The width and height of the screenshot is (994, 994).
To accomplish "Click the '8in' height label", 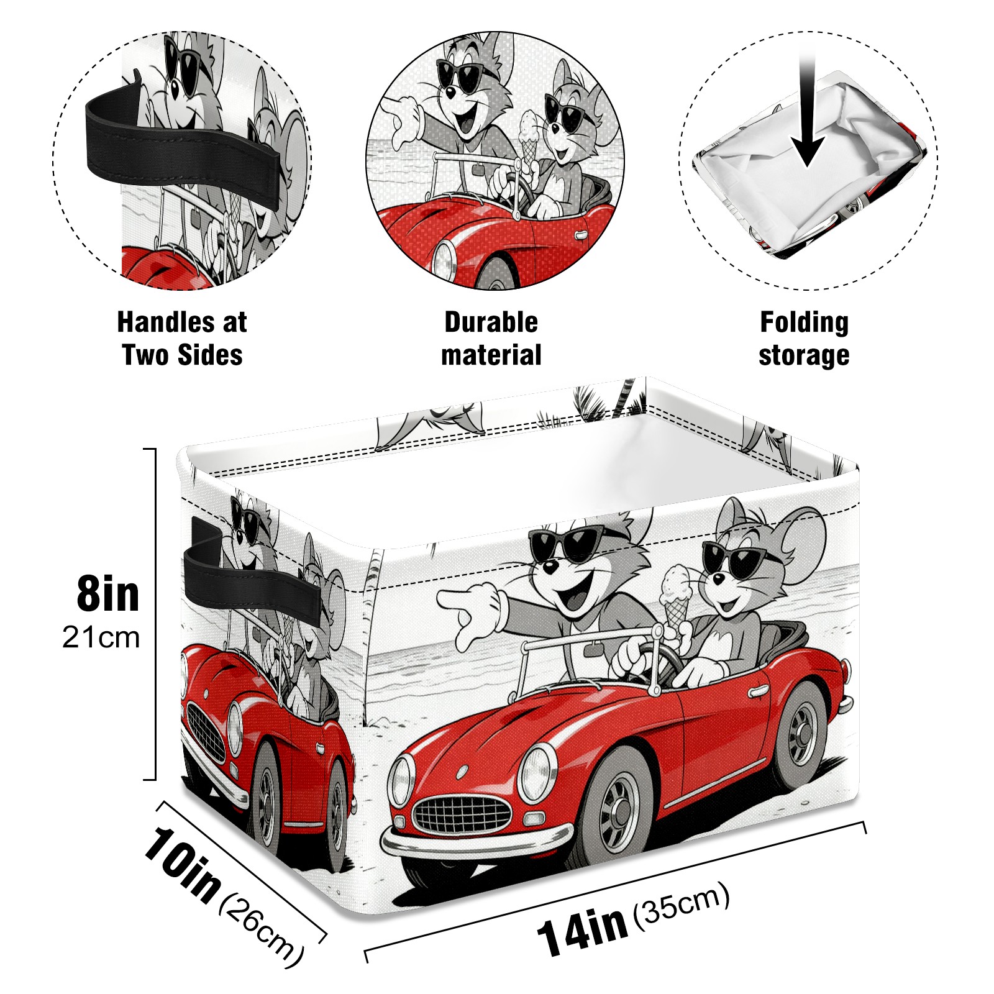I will pos(107,594).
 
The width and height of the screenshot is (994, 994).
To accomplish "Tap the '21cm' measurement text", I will pos(101,638).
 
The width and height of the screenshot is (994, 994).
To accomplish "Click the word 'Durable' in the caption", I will pos(491,322).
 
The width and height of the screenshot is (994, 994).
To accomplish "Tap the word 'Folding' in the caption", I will pos(804,322).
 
